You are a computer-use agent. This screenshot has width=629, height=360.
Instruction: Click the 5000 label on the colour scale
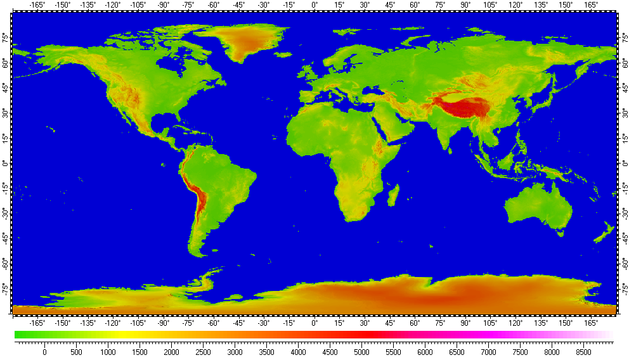pos(361,352)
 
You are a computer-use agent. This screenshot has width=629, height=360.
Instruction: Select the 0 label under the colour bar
pos(44,352)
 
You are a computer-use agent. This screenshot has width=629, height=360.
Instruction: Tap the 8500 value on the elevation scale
pos(583,352)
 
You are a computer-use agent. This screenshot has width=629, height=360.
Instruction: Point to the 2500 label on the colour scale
pos(203,352)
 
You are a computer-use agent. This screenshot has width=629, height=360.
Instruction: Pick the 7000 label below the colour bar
pos(488,352)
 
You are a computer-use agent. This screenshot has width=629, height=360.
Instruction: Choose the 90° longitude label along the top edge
pos(466,5)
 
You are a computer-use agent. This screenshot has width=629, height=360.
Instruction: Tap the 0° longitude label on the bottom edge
pos(315,323)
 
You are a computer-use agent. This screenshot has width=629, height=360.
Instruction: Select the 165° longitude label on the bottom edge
pos(591,323)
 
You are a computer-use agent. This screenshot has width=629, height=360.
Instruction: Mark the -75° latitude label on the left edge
pos(6,288)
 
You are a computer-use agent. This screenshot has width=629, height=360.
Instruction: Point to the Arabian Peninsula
pos(393,127)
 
